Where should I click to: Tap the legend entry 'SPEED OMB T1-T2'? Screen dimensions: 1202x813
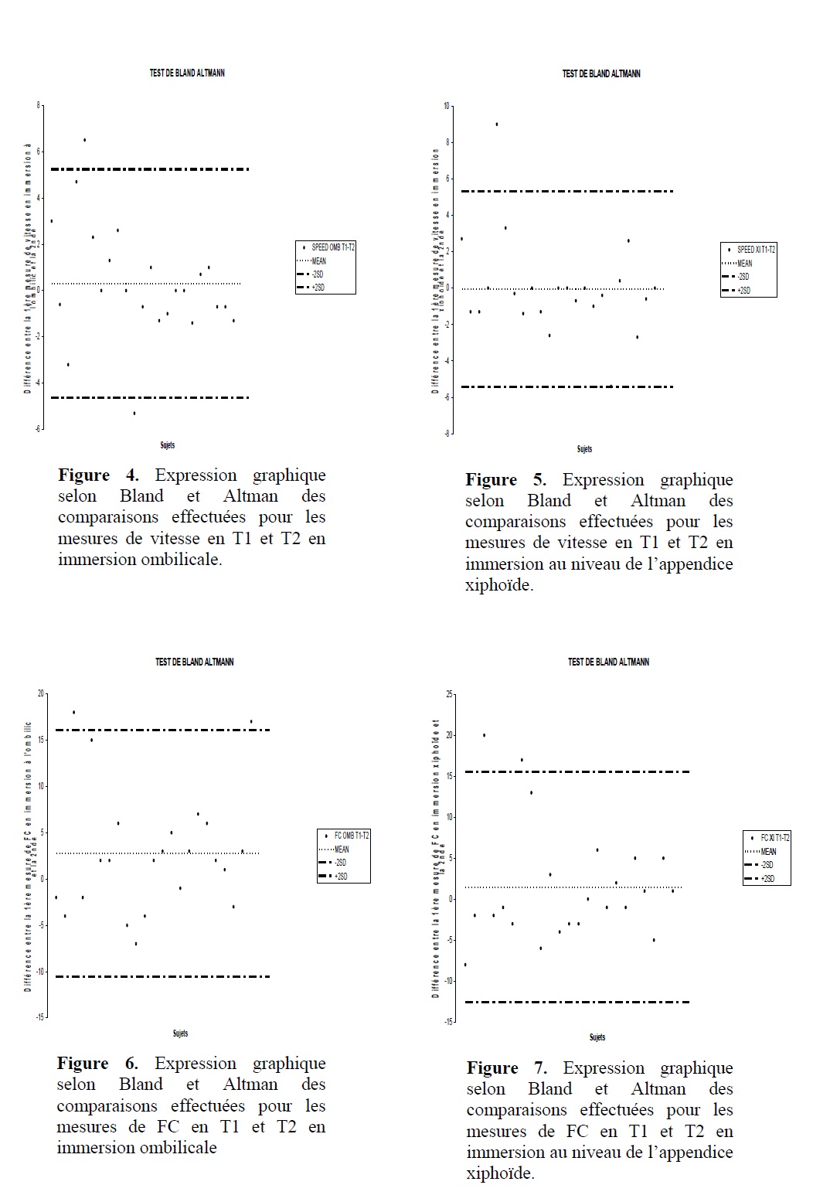333,248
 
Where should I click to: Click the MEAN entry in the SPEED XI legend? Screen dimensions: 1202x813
744,264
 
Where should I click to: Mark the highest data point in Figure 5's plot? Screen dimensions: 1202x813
496,124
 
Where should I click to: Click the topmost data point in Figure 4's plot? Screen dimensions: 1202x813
84,140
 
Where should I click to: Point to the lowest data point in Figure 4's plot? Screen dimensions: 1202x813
134,413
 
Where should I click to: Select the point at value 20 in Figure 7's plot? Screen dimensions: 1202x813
484,734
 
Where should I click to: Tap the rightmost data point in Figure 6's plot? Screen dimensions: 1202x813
250,721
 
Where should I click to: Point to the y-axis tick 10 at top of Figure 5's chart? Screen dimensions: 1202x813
446,106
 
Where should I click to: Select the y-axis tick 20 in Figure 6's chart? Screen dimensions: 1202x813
41,693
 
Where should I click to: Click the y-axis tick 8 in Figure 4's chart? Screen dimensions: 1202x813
38,104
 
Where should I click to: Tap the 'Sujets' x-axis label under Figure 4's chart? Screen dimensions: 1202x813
167,445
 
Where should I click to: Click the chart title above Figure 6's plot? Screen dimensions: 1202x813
195,662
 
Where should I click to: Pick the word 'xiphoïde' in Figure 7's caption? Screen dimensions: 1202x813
498,1173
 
